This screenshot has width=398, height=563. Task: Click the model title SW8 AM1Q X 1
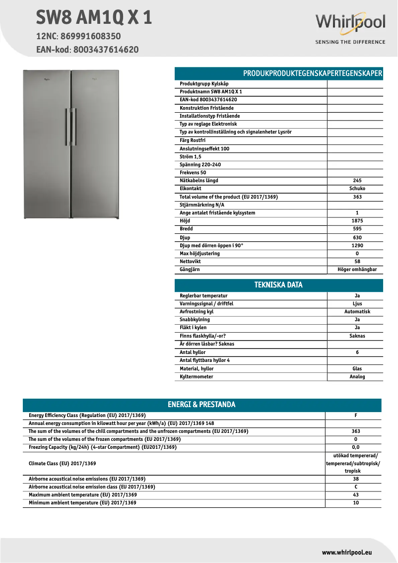[x=94, y=18]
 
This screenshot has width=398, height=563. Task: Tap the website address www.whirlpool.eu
[x=347, y=552]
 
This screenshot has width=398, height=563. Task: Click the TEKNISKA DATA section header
[x=278, y=285]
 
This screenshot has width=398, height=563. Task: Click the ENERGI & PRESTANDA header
[x=201, y=405]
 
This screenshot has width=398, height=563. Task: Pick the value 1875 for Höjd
[x=357, y=221]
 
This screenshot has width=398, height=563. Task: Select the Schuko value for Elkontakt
[x=357, y=189]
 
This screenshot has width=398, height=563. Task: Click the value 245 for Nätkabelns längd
[x=357, y=181]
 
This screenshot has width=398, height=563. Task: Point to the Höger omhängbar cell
[x=357, y=270]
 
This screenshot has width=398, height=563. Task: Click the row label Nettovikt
[x=190, y=262]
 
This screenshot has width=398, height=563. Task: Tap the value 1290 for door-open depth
[x=357, y=245]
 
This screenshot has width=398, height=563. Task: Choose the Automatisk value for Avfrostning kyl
[x=357, y=312]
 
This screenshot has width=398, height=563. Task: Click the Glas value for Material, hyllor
[x=357, y=369]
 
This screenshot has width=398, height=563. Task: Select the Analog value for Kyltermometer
[x=357, y=377]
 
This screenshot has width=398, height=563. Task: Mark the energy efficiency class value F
[x=355, y=416]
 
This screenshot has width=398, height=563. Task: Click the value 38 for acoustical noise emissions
[x=355, y=479]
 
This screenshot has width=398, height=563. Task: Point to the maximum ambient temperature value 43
[x=355, y=495]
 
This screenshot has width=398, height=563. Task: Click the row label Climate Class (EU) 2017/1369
[x=62, y=463]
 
